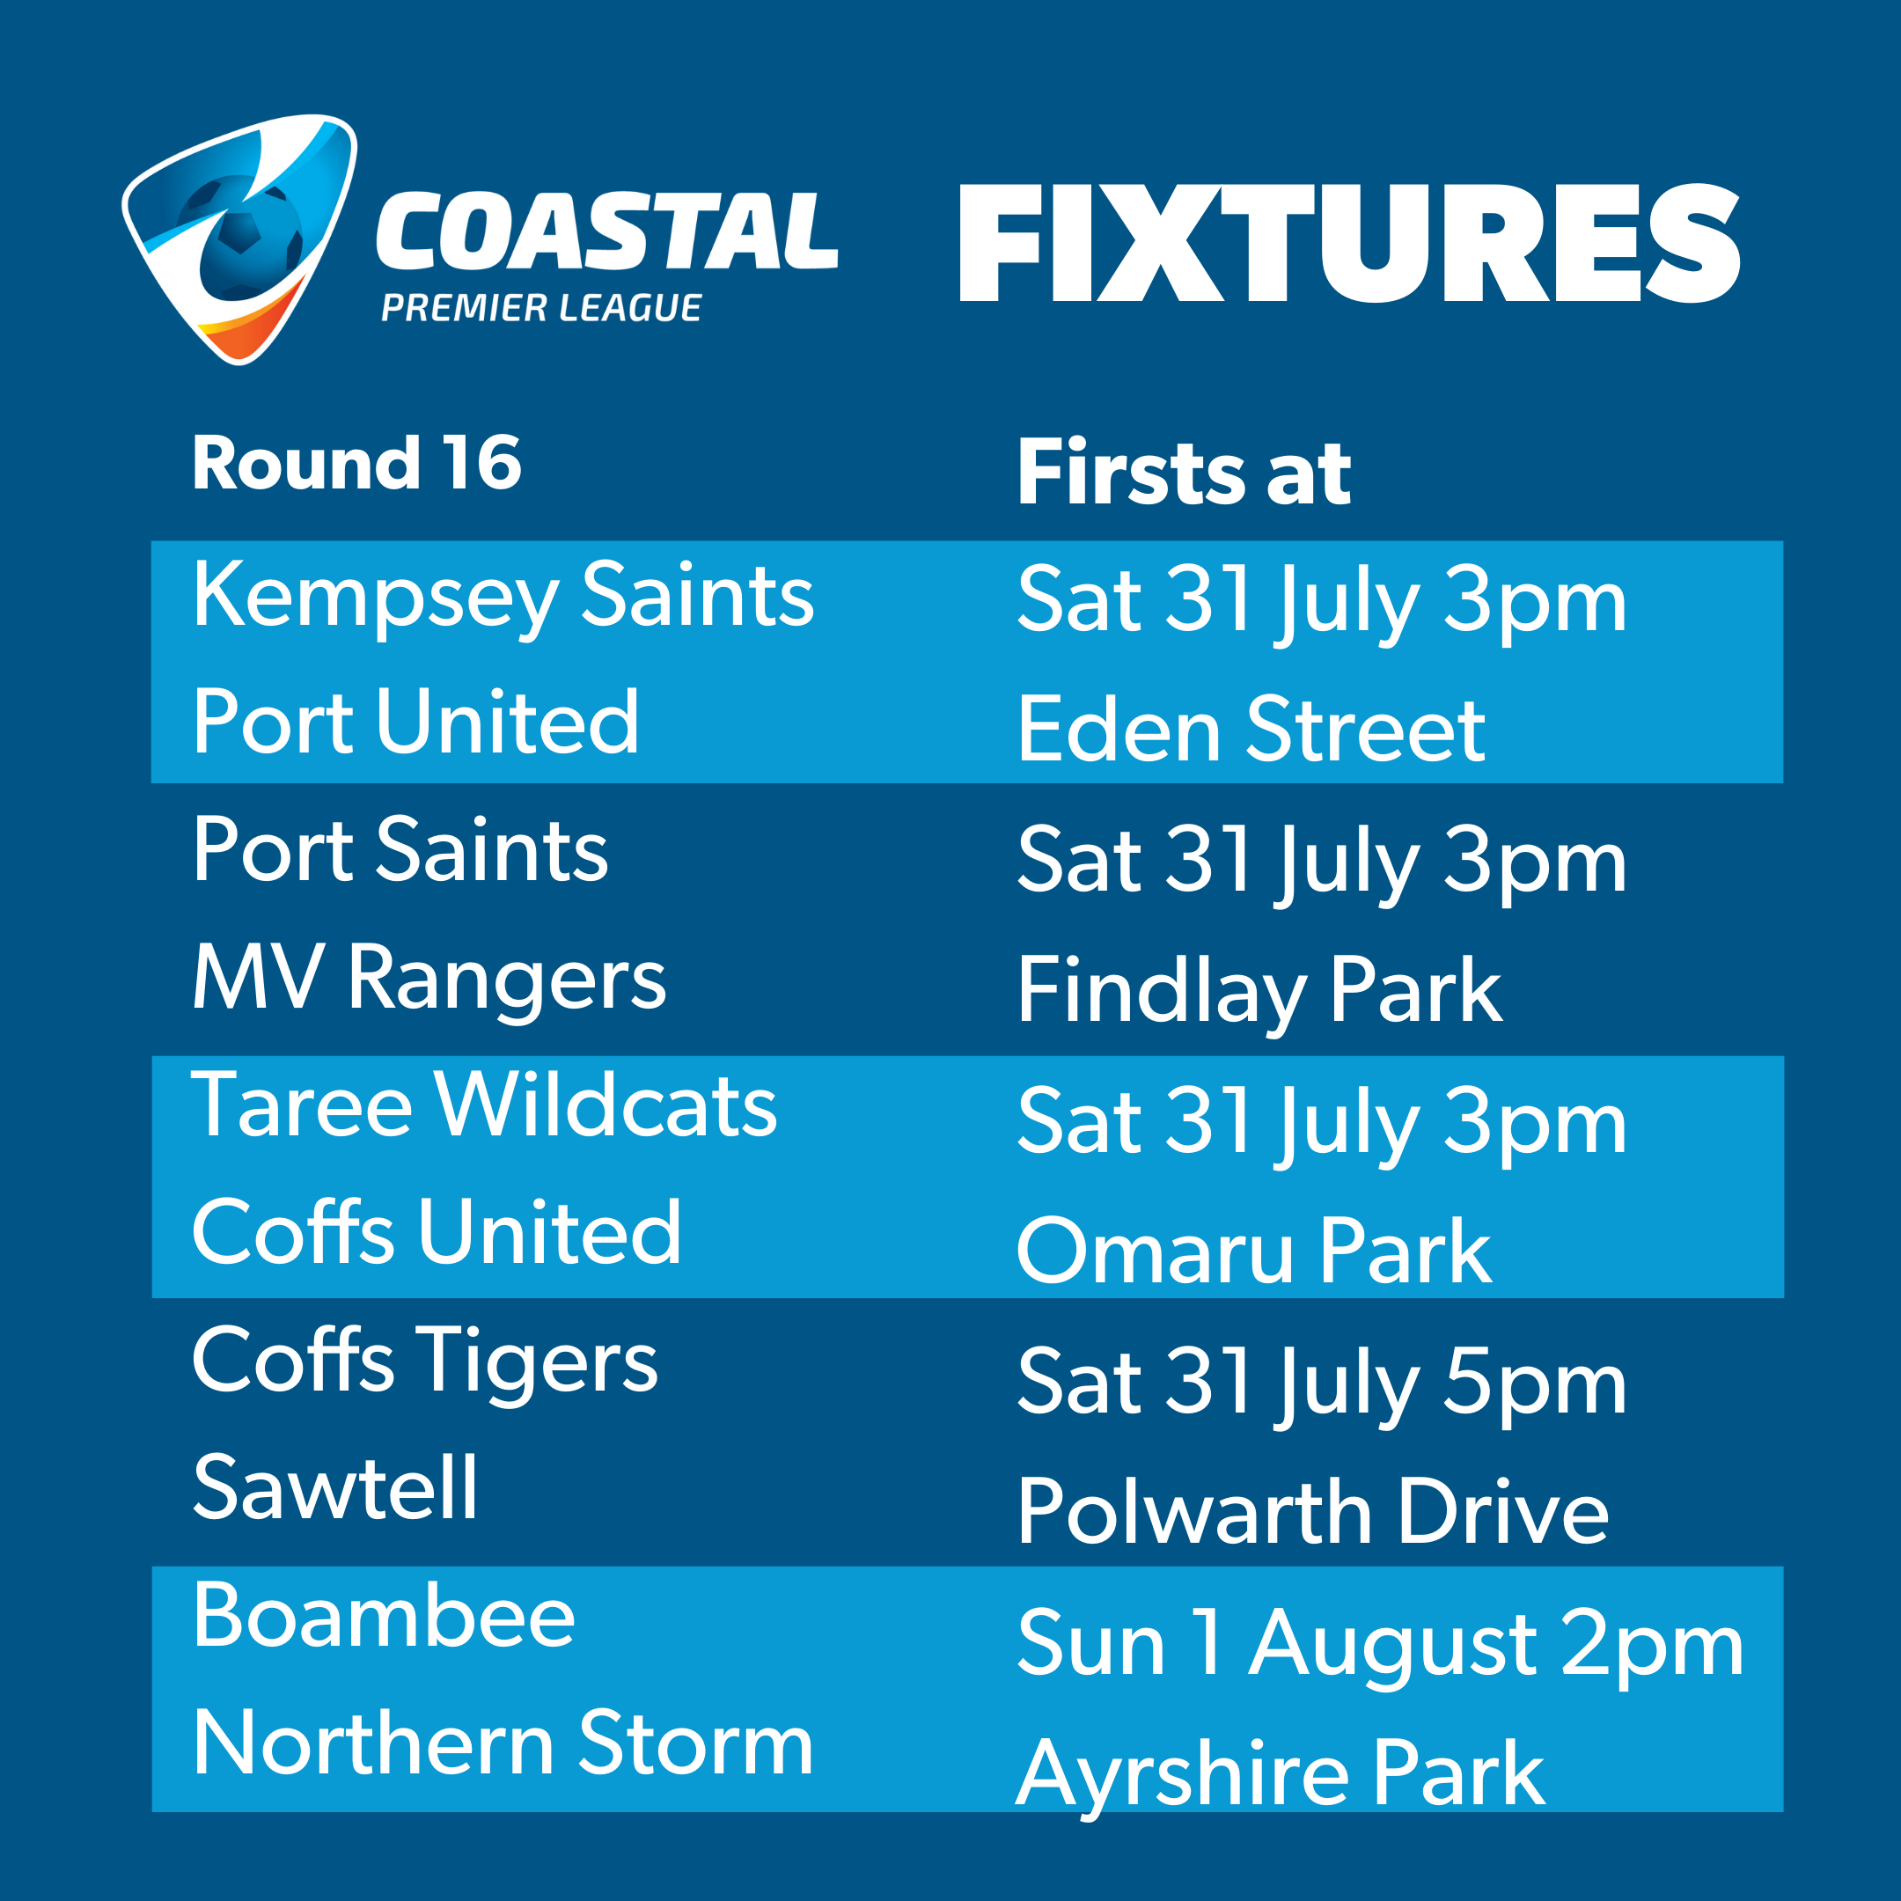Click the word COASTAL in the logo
coord(607,231)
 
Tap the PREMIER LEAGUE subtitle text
coord(542,308)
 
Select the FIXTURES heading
coord(1350,243)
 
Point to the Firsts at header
coord(1185,473)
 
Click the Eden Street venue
coord(1251,729)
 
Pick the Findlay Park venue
coord(1260,993)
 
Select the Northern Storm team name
coord(503,1743)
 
